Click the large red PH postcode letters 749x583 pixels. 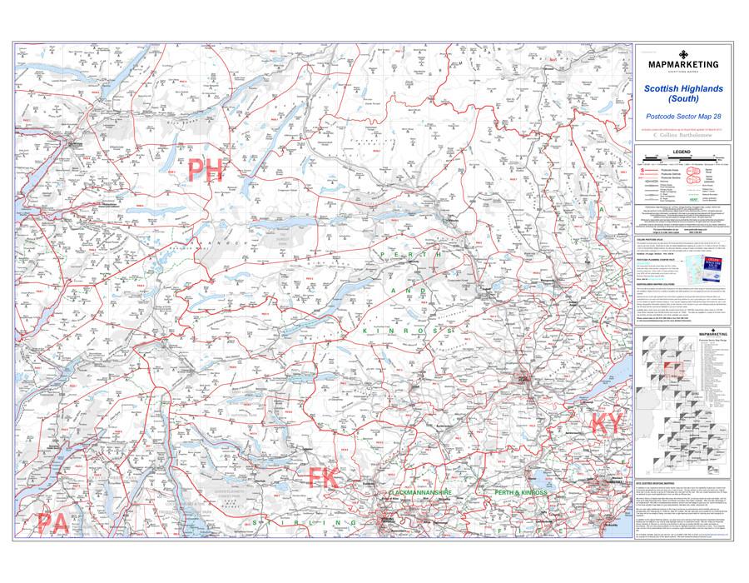pyautogui.click(x=206, y=171)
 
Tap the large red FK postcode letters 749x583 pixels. pyautogui.click(x=323, y=477)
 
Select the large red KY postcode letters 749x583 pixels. pyautogui.click(x=607, y=423)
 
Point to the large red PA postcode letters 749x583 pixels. pyautogui.click(x=52, y=522)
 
